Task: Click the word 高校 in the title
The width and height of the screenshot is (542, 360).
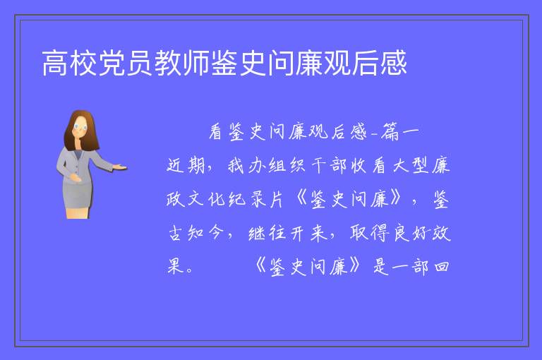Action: click(x=70, y=63)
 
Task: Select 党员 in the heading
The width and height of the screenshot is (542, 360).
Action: click(x=126, y=63)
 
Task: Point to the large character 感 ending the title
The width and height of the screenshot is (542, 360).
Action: click(x=393, y=63)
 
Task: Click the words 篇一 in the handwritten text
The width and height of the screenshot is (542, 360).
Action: click(x=399, y=132)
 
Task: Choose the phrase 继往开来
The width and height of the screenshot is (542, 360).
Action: click(x=288, y=233)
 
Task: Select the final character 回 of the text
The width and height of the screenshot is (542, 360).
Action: click(x=442, y=267)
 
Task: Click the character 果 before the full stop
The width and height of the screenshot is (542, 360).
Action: click(x=175, y=267)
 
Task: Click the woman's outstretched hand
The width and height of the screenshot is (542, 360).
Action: click(x=120, y=168)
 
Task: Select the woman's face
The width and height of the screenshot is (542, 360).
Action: click(x=80, y=127)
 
